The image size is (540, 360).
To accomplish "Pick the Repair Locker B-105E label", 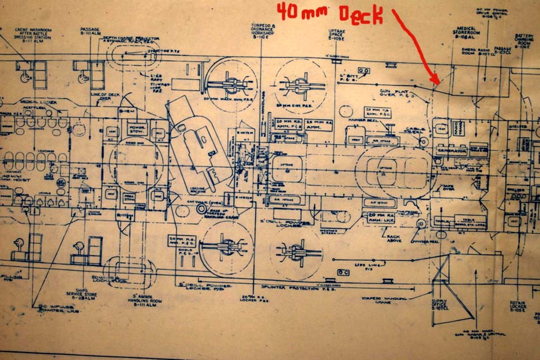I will coord(517,305).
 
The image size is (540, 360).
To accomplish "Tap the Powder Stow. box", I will coord(138,129).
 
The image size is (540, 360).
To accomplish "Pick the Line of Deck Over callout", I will coord(101,95).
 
